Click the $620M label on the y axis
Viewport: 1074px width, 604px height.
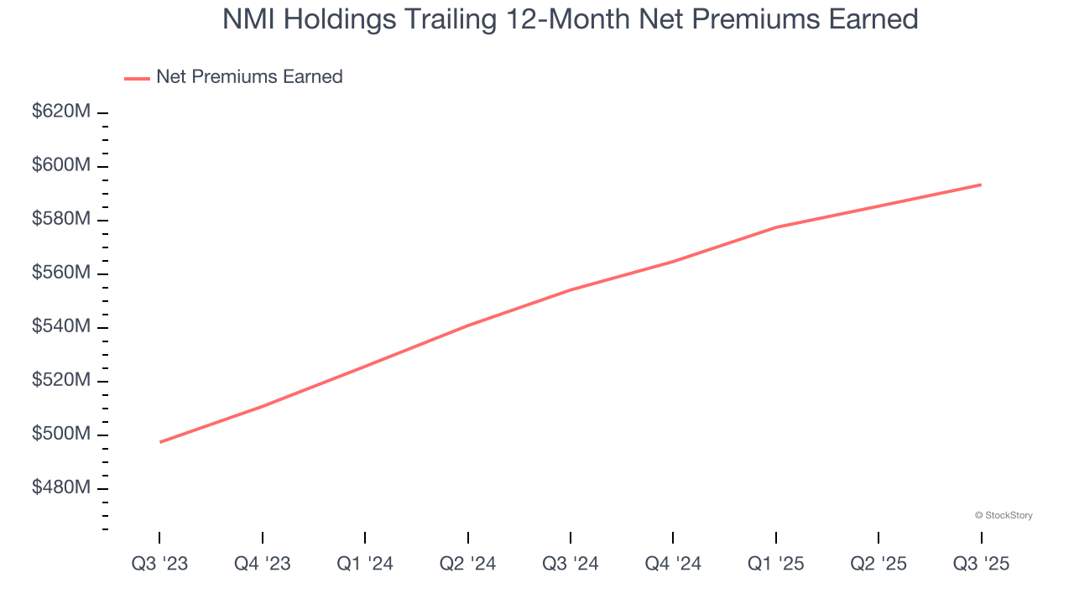point(60,112)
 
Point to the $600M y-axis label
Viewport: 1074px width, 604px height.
point(60,165)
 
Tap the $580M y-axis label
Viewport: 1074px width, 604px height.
point(60,219)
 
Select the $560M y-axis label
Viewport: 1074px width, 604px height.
point(60,273)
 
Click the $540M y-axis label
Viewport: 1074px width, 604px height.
point(60,326)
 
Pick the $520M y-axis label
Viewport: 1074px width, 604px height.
point(60,380)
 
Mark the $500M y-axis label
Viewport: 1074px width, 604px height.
point(60,434)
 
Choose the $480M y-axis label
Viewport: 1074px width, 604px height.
point(60,487)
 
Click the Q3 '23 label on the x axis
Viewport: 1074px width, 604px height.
point(159,564)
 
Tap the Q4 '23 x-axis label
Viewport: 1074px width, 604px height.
point(263,564)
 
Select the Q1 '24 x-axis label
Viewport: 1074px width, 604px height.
point(365,564)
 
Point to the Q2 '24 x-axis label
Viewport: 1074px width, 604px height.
point(467,564)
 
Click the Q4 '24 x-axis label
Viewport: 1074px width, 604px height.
point(673,564)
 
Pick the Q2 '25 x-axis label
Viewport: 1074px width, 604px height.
point(878,564)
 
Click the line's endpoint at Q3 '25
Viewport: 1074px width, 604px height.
point(981,185)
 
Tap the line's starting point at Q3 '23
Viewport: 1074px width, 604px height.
point(159,442)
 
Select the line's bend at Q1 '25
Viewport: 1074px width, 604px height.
point(776,227)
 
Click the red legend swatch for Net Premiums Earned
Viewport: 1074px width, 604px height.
point(137,78)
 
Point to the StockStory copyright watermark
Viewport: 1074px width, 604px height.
point(1004,515)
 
